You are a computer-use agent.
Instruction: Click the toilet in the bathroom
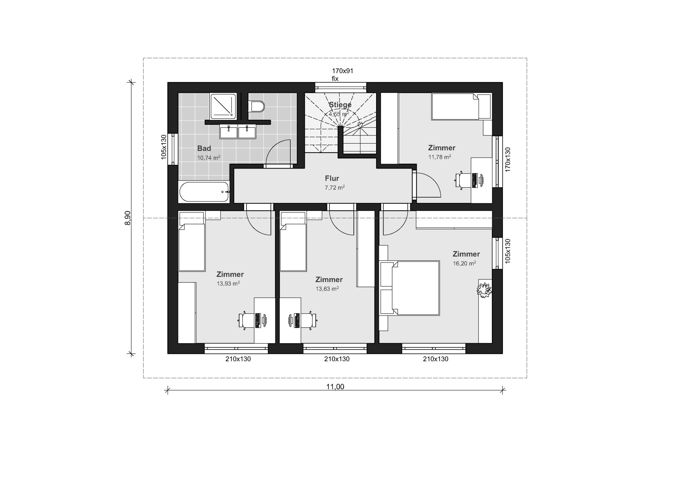click(x=256, y=106)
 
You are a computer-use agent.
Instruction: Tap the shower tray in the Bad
click(x=222, y=106)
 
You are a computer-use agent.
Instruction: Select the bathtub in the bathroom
click(x=204, y=192)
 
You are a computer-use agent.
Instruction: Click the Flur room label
click(x=332, y=178)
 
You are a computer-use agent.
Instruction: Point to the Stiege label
click(x=340, y=105)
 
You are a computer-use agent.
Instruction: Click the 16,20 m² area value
click(x=464, y=263)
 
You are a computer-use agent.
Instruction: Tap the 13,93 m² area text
click(x=228, y=283)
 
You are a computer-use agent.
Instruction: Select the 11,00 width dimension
click(x=335, y=387)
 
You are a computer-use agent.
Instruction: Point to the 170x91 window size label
click(x=343, y=71)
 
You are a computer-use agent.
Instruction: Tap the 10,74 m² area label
click(x=209, y=158)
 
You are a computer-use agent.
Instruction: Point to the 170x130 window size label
click(x=508, y=160)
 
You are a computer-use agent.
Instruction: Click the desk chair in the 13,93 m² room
click(x=246, y=321)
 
